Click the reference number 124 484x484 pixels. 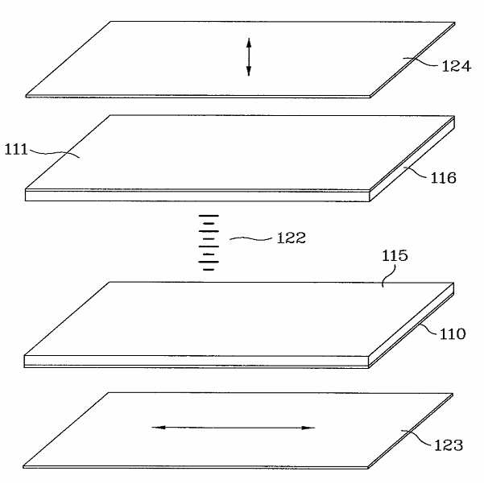(456, 66)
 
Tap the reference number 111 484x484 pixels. (16, 148)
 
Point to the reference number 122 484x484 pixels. (291, 238)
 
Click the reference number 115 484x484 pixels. (394, 256)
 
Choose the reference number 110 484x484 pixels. (452, 333)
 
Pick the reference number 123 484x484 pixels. (449, 445)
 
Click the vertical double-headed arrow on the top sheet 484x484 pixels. (248, 56)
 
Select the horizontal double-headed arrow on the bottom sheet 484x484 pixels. (233, 428)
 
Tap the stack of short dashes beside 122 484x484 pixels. (209, 242)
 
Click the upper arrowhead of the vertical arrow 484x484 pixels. (248, 40)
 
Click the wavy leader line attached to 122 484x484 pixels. (251, 238)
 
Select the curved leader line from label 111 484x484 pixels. (53, 151)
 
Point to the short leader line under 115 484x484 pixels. (386, 278)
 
